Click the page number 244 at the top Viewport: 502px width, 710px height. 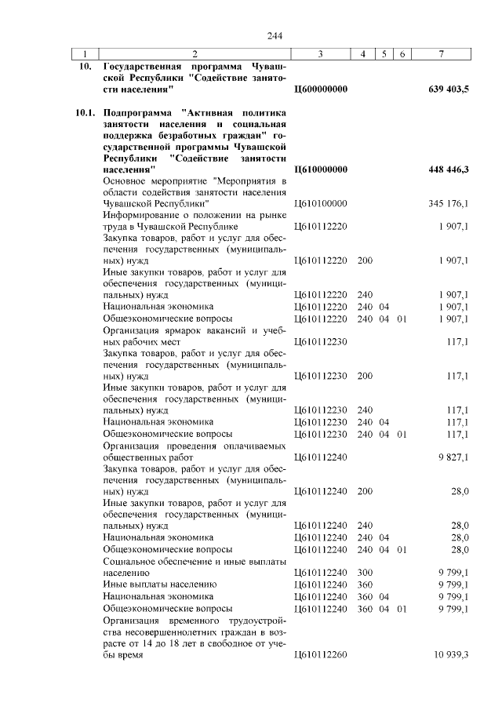click(x=274, y=36)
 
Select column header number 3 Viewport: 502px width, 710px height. click(x=321, y=54)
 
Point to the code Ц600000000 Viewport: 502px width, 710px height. click(x=320, y=89)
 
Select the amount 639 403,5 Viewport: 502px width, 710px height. click(x=449, y=89)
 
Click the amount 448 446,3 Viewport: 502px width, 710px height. click(x=449, y=169)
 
